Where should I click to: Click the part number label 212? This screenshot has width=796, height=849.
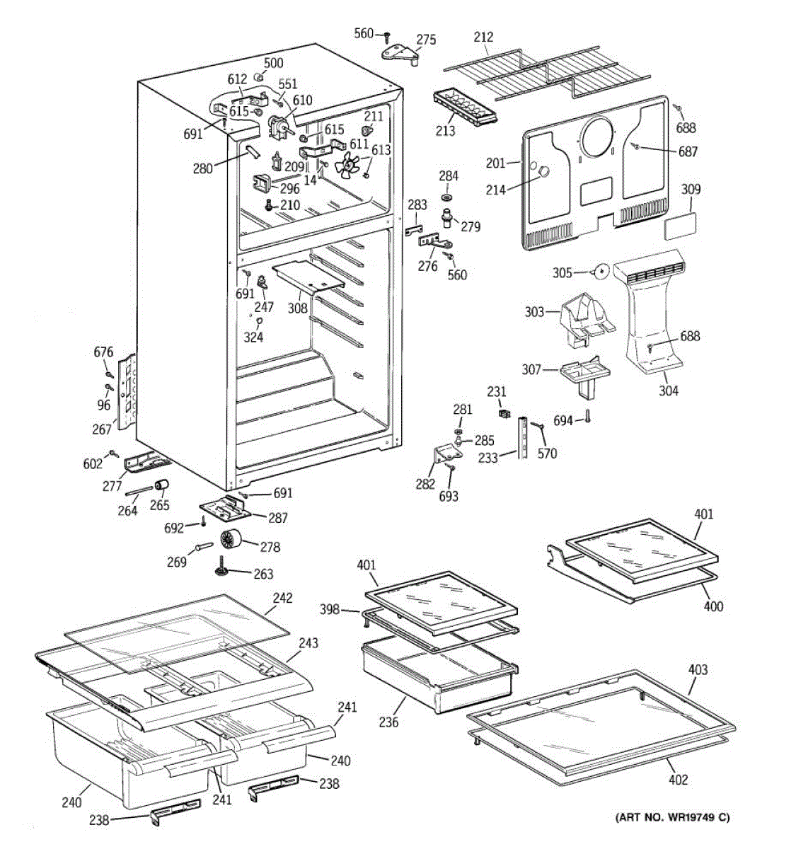[484, 37]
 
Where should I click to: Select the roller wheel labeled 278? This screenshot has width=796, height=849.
[231, 541]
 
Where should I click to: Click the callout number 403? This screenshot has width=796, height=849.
[697, 669]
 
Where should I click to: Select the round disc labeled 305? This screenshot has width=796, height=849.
[601, 272]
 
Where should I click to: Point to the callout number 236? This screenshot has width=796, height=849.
[388, 722]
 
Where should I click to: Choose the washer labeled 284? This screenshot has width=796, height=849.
[449, 194]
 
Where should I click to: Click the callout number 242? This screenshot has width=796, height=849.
[282, 598]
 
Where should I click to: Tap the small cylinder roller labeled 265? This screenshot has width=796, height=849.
[163, 485]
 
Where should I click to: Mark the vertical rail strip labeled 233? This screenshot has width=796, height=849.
[523, 438]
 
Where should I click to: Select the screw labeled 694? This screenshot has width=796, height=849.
[587, 419]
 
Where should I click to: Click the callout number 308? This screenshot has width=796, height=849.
[297, 308]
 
